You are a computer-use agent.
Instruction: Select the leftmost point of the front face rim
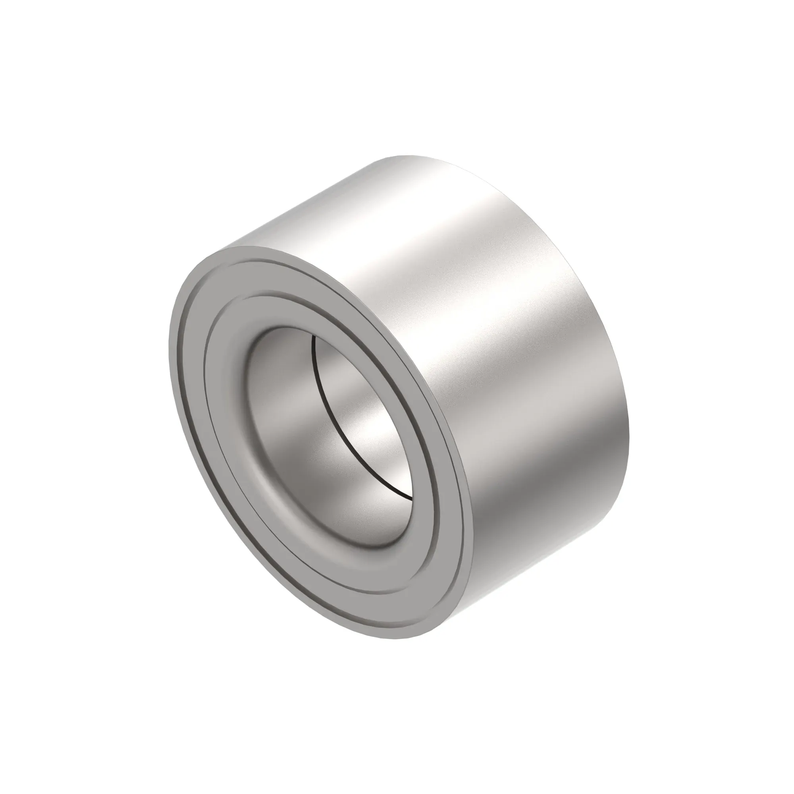pos(170,353)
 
